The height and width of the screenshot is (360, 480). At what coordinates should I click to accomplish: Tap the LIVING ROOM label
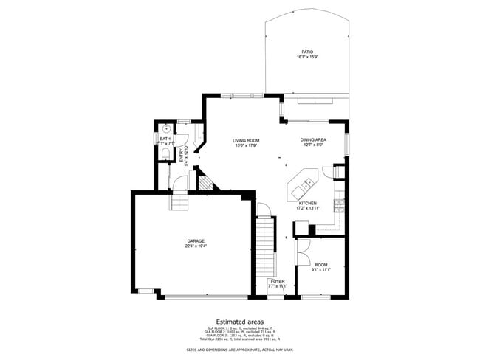point(246,140)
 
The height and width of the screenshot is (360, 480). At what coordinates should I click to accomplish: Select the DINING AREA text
point(313,139)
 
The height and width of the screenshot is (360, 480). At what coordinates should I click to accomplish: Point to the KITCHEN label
point(308,203)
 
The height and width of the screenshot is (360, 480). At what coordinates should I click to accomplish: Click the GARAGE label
point(196,240)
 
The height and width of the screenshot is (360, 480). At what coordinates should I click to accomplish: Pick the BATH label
point(164,138)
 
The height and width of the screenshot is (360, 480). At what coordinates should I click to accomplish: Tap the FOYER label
point(277,281)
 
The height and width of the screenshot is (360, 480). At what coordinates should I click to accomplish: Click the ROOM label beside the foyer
point(321,264)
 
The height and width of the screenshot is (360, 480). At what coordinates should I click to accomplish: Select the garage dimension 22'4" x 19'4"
point(196,246)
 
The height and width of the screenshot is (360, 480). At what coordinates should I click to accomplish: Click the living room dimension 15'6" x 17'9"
point(246,145)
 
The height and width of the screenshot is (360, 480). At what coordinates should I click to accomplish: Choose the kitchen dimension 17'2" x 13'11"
point(308,208)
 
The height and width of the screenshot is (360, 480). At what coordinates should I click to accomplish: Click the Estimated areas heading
point(239,321)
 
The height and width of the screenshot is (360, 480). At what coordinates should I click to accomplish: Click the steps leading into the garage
point(179,200)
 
